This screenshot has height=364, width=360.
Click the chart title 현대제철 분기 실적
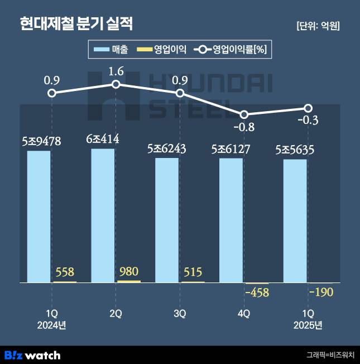[76, 24]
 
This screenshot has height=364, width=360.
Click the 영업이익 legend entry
[162, 50]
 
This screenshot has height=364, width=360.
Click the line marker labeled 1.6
[116, 84]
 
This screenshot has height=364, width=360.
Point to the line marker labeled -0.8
[243, 113]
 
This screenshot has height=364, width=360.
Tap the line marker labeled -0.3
[308, 108]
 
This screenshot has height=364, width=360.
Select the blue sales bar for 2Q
[103, 215]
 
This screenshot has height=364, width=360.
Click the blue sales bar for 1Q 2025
[295, 221]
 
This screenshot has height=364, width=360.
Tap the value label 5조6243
[166, 148]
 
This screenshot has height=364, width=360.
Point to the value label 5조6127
[231, 149]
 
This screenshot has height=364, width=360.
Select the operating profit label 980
[129, 272]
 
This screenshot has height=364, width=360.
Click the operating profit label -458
[257, 292]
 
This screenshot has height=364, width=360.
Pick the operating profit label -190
[321, 292]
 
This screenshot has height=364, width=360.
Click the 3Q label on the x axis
[179, 314]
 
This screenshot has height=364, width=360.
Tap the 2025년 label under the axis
[308, 325]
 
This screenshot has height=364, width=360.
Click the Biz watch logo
[32, 355]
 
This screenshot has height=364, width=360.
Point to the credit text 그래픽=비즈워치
[329, 355]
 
